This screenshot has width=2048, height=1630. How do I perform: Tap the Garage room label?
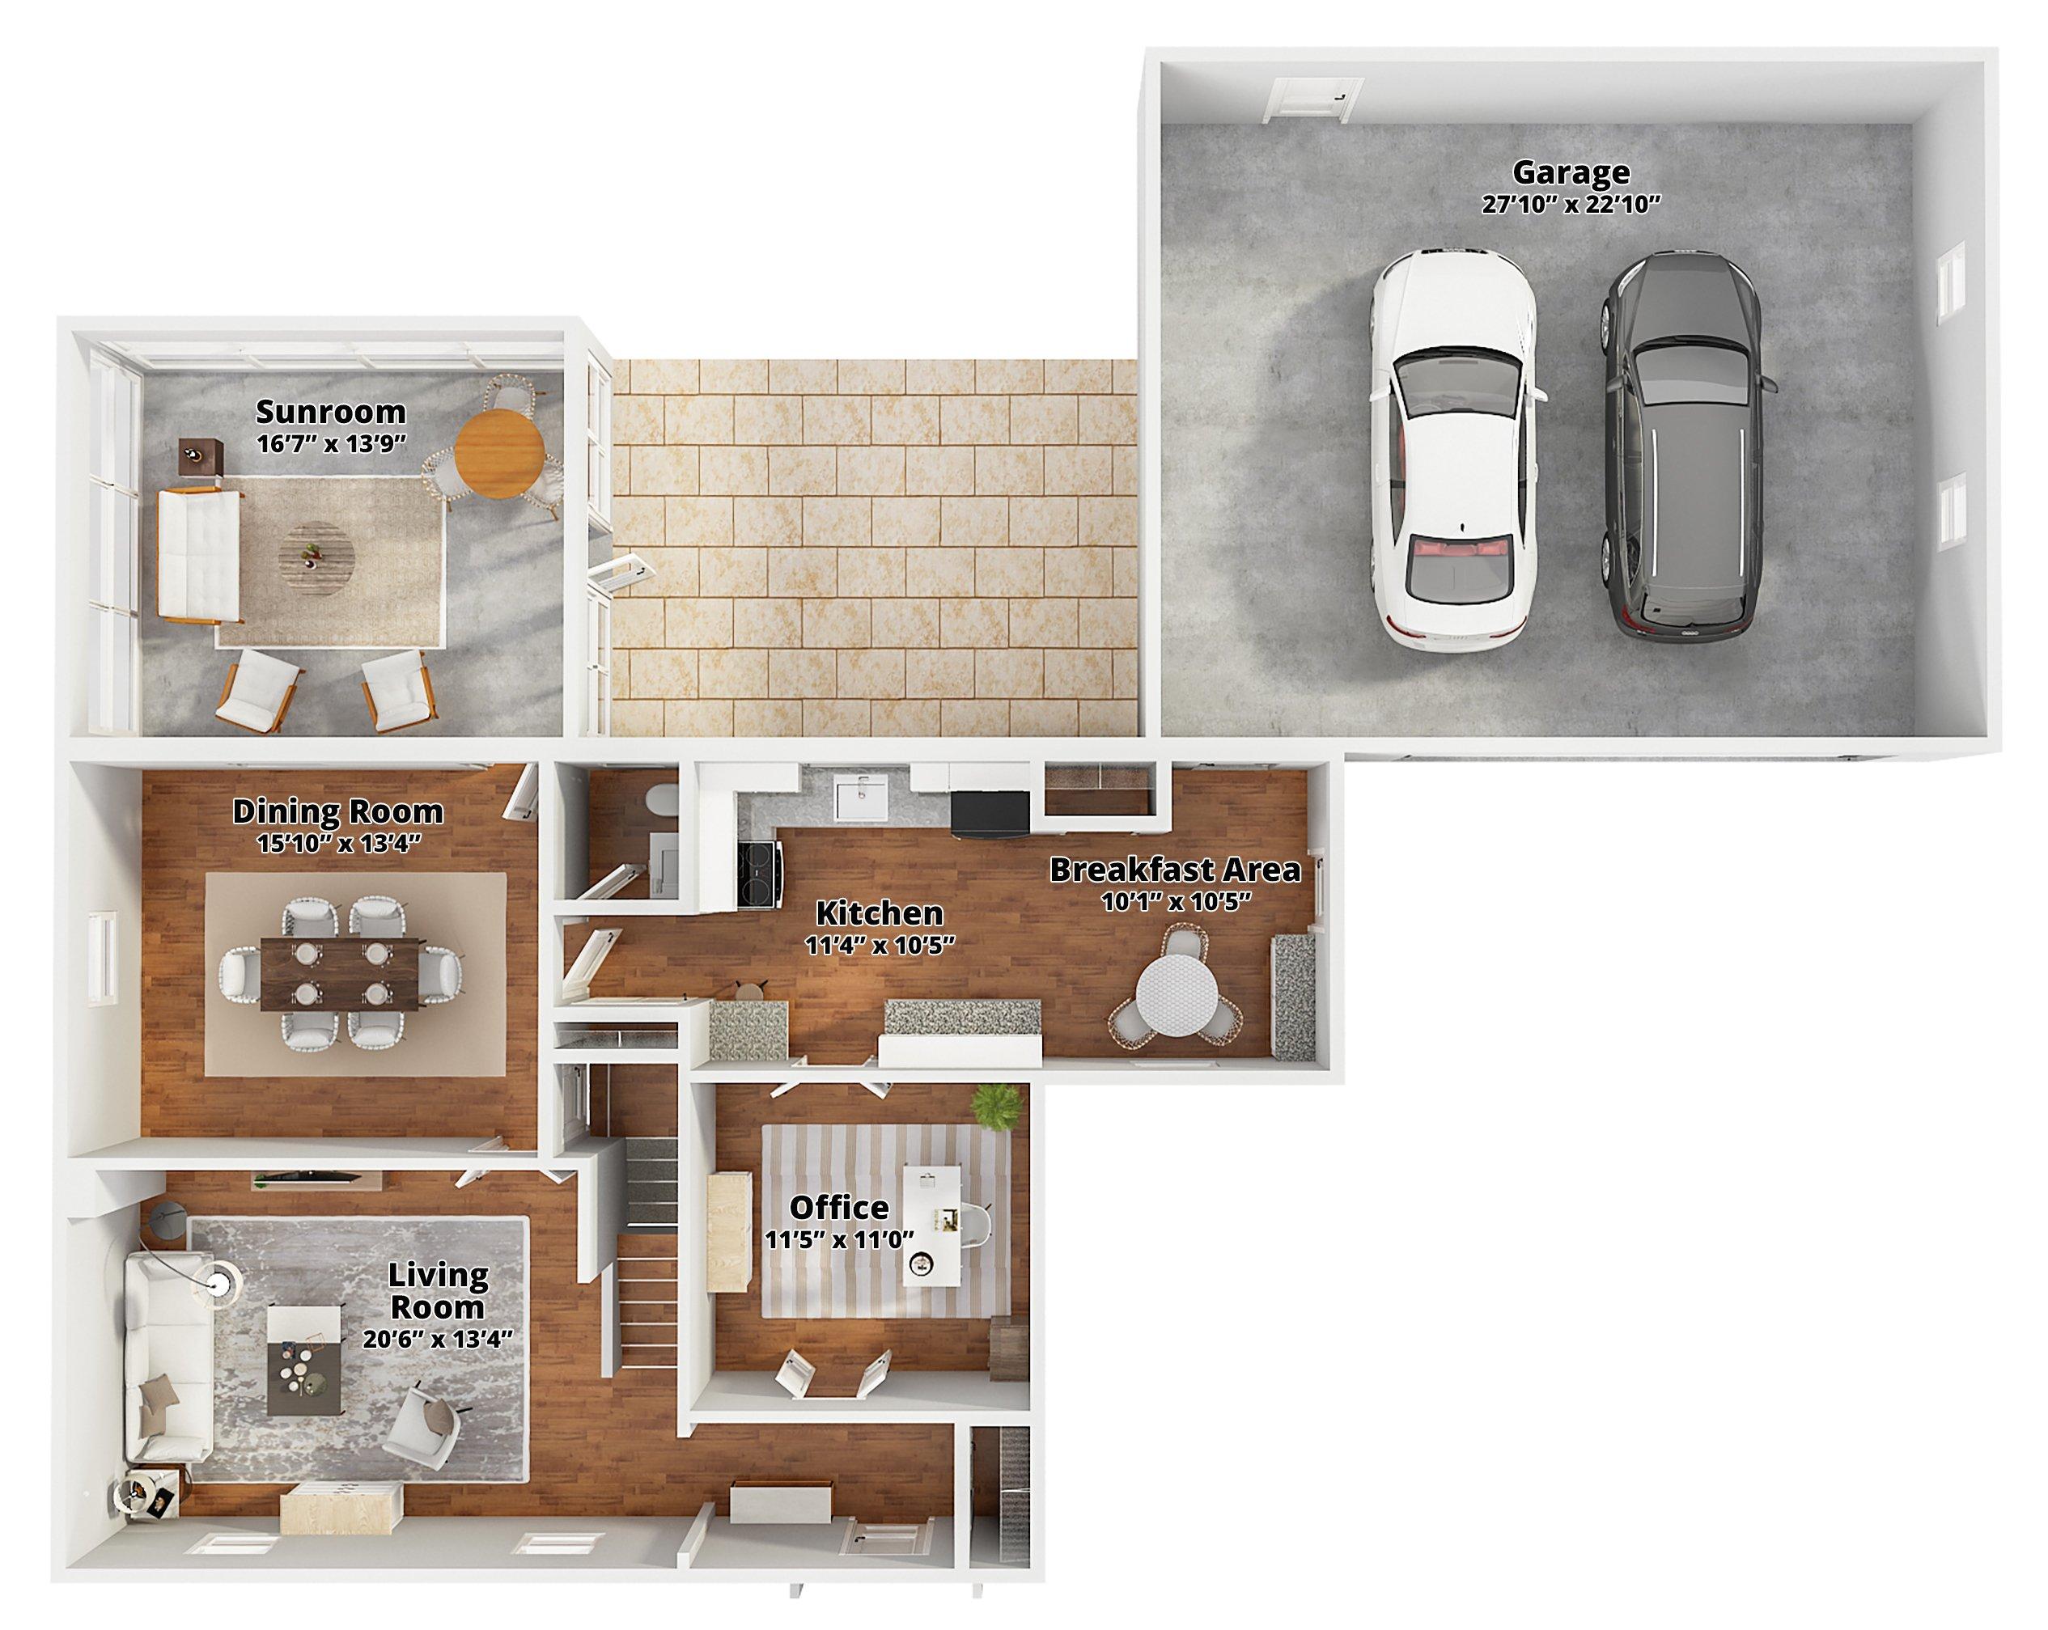(1571, 172)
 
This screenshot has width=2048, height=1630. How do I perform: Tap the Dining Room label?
(338, 811)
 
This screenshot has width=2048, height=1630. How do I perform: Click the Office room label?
(840, 1207)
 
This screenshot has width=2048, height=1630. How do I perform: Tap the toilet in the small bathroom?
(659, 800)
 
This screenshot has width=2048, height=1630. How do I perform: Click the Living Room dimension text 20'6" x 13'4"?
(438, 1340)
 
